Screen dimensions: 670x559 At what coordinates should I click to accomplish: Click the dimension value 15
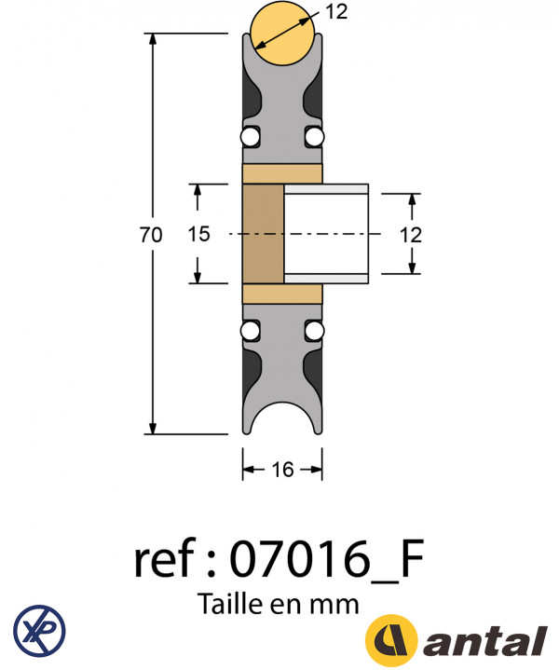198,235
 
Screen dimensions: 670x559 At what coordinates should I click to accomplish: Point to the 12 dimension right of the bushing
411,235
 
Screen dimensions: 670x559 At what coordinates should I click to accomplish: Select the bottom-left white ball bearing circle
250,332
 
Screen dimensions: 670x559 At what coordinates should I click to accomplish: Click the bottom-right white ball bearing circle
315,332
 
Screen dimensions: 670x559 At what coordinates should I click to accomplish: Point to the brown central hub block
262,235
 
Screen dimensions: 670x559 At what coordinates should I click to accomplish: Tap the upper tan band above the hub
282,173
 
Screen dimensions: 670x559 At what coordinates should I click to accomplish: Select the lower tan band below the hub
282,294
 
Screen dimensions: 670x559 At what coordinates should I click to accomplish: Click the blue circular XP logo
39,629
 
